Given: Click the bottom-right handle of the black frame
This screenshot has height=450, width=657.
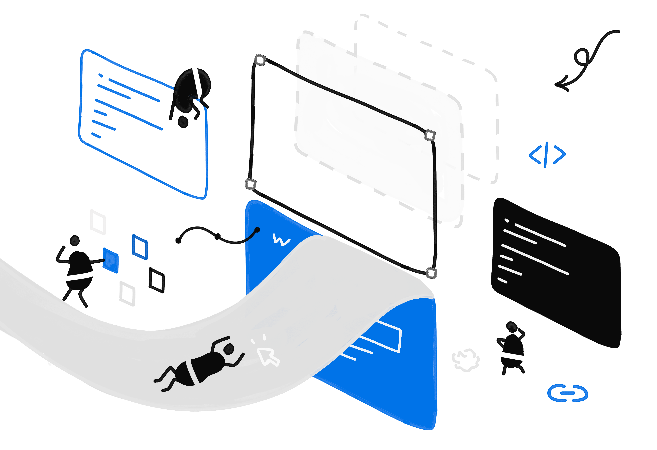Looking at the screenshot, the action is [431, 273].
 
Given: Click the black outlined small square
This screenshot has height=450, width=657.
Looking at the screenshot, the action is [157, 280].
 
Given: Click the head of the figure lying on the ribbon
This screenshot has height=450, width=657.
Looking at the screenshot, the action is [229, 349].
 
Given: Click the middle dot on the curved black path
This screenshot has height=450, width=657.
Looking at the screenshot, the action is [217, 236].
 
